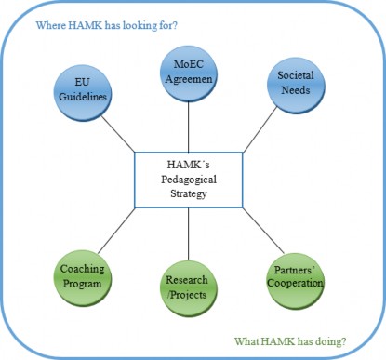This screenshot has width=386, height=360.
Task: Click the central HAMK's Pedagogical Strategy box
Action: point(189,180)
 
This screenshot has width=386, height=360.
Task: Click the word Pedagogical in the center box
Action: point(189,179)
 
